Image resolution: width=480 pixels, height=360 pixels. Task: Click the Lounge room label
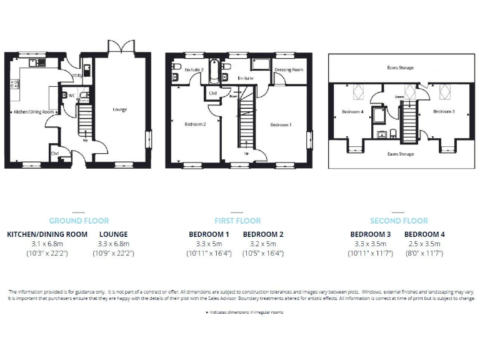coord(120,109)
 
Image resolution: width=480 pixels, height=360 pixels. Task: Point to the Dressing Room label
coord(289,70)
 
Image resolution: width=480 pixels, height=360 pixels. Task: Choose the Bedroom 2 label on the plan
coord(195,124)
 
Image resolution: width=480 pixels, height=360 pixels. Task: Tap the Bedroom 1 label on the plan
coord(281,125)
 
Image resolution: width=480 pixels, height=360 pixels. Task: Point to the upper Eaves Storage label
coord(399,67)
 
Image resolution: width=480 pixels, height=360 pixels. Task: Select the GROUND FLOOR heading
coord(79,221)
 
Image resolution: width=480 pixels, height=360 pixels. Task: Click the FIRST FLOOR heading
coord(237,221)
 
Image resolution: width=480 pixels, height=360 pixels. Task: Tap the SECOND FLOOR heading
coord(399,221)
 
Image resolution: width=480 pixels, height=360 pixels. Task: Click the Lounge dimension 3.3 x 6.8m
coord(114,243)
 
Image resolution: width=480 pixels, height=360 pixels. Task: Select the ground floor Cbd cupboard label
coord(55,152)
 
